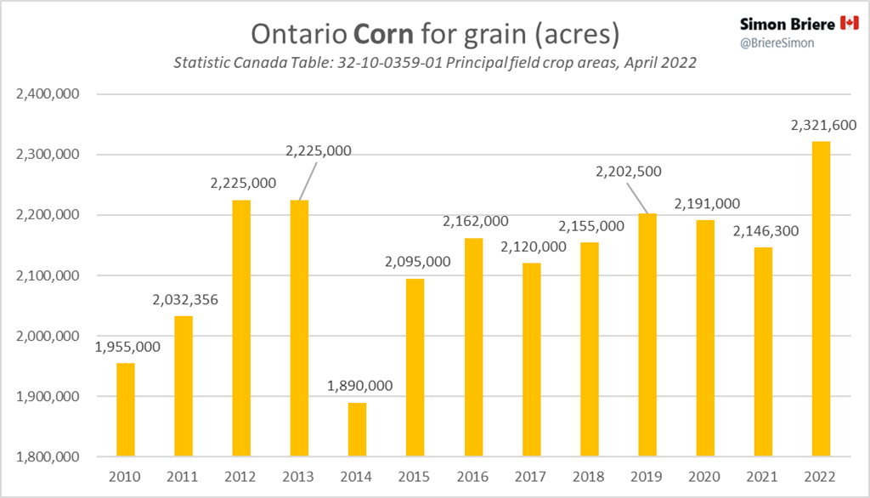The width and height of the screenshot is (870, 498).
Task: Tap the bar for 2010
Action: click(x=125, y=410)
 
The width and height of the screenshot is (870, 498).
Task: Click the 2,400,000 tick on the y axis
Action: click(x=48, y=94)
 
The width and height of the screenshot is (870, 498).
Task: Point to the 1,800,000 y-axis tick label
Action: click(x=48, y=457)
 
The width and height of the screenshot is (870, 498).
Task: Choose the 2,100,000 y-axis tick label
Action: click(x=48, y=276)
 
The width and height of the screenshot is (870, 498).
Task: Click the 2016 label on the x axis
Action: click(x=473, y=476)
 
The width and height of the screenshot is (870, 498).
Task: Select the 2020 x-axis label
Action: click(x=705, y=476)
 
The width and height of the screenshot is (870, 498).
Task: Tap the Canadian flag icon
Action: click(x=849, y=23)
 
